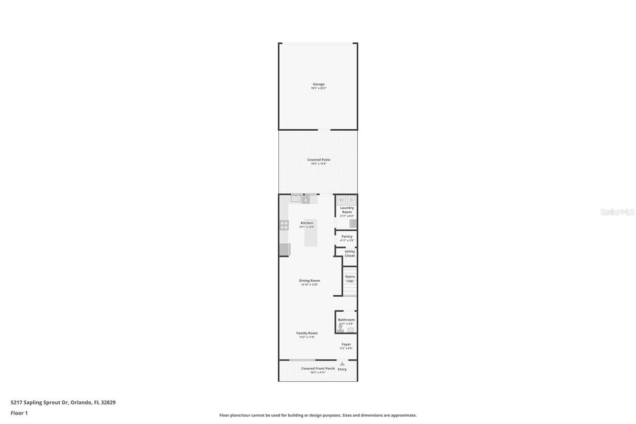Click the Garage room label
(318, 85)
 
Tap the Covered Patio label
(318, 160)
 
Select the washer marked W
(341, 200)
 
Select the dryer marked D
(351, 200)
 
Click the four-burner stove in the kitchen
(284, 225)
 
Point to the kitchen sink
(296, 199)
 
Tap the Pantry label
(347, 237)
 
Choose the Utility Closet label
(350, 254)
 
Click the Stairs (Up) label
(350, 279)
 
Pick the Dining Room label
(309, 281)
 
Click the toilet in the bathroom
(341, 329)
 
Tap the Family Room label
(307, 333)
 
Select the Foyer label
(346, 344)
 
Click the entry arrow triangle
(342, 364)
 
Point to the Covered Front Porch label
(318, 368)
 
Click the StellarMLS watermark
(617, 212)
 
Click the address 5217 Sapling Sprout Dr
(40, 403)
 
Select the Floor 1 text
(19, 413)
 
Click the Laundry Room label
(347, 210)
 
